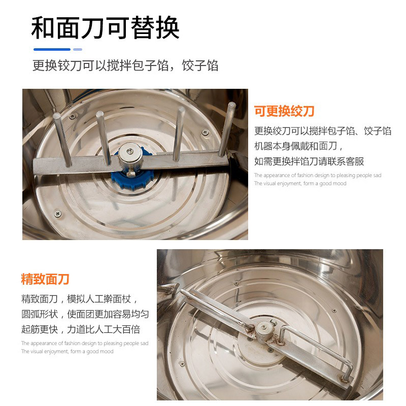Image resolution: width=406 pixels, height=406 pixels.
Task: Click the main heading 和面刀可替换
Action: coord(105,28)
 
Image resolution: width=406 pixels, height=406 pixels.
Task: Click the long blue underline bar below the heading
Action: coord(52,49)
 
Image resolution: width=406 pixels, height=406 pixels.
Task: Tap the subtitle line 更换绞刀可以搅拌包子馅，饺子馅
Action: coord(125,65)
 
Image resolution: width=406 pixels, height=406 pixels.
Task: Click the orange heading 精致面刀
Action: coord(45,279)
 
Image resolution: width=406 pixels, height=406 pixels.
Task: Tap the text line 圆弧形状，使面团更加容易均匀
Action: coord(85,314)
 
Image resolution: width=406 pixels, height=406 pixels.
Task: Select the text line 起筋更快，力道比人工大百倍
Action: coord(80,329)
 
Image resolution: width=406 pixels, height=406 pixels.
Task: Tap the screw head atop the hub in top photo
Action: coord(131,151)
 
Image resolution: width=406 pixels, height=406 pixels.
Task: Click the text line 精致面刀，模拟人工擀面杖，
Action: coord(80,298)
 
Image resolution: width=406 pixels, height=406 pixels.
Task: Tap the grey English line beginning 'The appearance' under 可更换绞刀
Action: coord(317,176)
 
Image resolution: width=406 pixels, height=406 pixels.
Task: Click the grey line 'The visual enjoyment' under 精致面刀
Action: coord(67,351)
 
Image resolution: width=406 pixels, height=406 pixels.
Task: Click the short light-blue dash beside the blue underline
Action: coord(78,49)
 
